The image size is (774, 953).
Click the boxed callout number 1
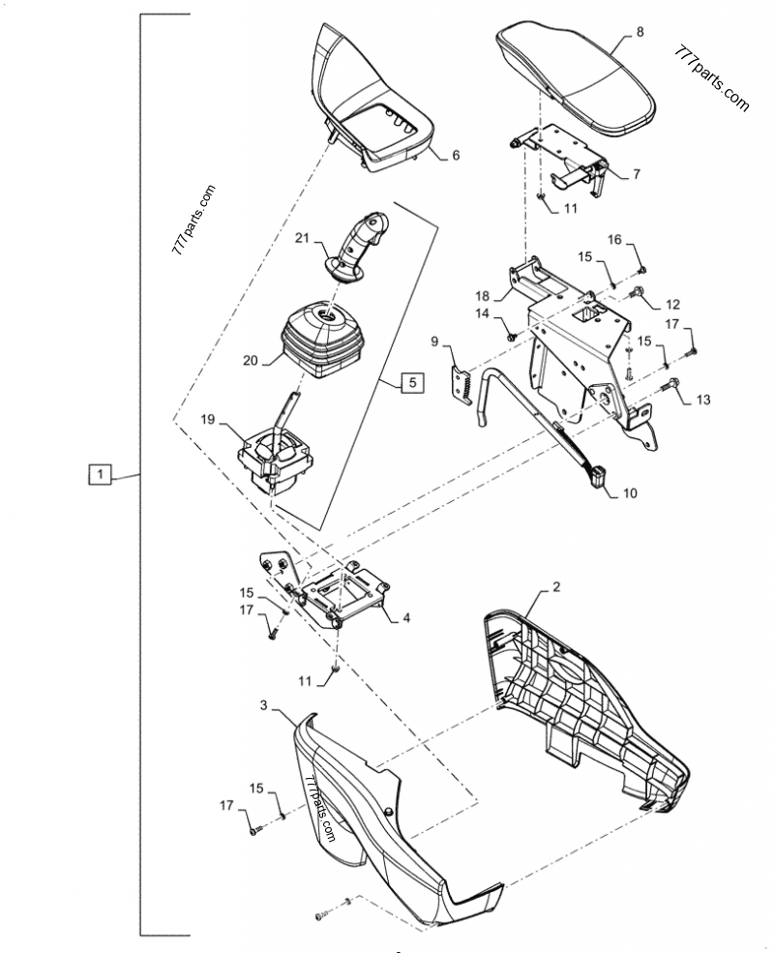[102, 474]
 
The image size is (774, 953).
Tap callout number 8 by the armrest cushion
[639, 33]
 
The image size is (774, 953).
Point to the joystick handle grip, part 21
[364, 243]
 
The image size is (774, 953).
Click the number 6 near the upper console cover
[456, 155]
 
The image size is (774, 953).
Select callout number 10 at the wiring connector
[629, 492]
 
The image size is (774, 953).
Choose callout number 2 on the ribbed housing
[556, 586]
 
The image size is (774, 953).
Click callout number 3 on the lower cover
[264, 707]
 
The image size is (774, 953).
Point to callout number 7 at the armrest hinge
[636, 174]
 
